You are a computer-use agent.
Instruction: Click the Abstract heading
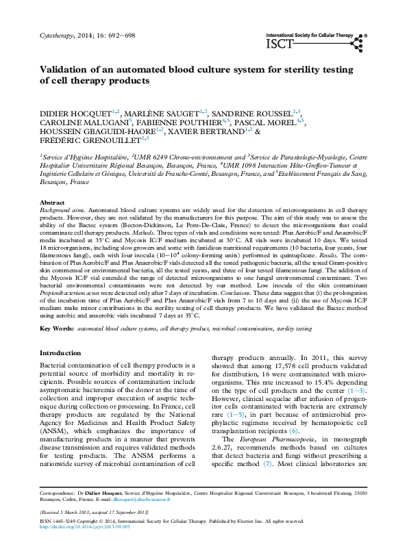[x=53, y=204]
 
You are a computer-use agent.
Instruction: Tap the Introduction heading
[x=61, y=354]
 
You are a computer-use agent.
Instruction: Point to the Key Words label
[x=56, y=329]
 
